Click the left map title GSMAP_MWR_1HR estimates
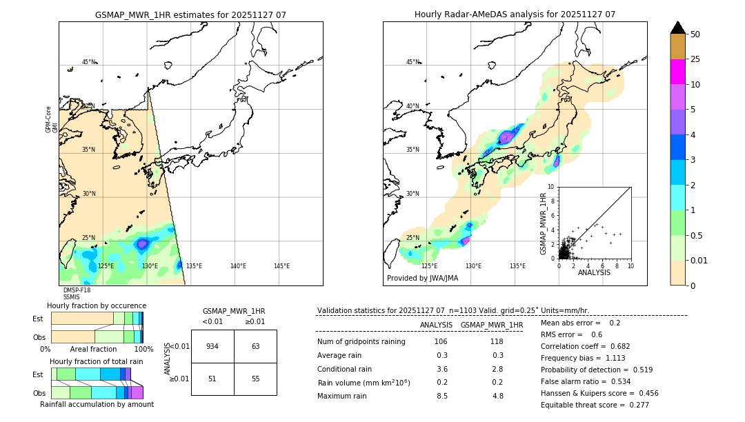tap(190, 14)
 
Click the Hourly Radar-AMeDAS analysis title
tap(515, 14)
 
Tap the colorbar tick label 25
tap(695, 59)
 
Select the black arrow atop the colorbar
tap(678, 28)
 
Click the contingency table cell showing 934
tap(212, 346)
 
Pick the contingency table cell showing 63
tap(255, 346)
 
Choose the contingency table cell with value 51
tap(212, 379)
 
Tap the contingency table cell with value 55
tap(255, 379)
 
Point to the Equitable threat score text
tap(584, 405)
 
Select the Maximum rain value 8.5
tap(441, 396)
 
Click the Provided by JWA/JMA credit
tap(422, 279)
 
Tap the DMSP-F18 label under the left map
tap(77, 290)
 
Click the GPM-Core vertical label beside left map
tap(48, 119)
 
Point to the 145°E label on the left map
tap(281, 266)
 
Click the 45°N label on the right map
tap(413, 62)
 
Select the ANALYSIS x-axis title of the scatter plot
tap(594, 272)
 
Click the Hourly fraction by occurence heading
tap(97, 305)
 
